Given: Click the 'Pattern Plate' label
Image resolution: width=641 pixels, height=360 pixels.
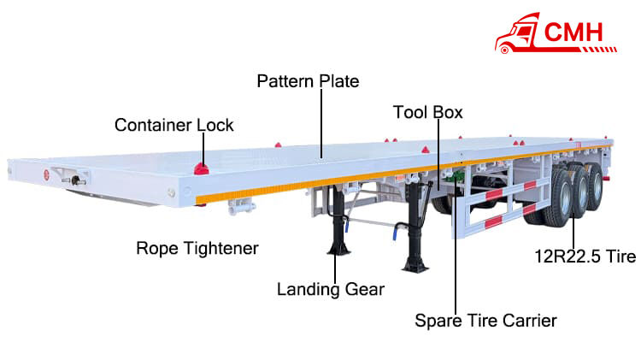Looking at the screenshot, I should [308, 81].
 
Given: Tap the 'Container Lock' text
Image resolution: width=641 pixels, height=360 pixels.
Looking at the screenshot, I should [173, 125].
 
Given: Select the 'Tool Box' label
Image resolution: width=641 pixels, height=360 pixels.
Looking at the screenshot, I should [427, 112].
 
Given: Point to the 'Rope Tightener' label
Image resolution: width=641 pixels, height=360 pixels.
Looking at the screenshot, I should [197, 248].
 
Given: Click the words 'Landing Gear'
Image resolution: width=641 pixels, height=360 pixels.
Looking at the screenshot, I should [330, 289].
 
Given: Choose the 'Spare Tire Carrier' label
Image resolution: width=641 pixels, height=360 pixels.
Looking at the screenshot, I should [485, 321].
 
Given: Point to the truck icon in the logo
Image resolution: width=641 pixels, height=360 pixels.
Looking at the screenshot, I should [516, 33].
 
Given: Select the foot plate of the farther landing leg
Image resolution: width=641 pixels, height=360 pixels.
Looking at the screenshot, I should [416, 265].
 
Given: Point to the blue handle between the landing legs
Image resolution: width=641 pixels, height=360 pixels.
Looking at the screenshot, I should [393, 231].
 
